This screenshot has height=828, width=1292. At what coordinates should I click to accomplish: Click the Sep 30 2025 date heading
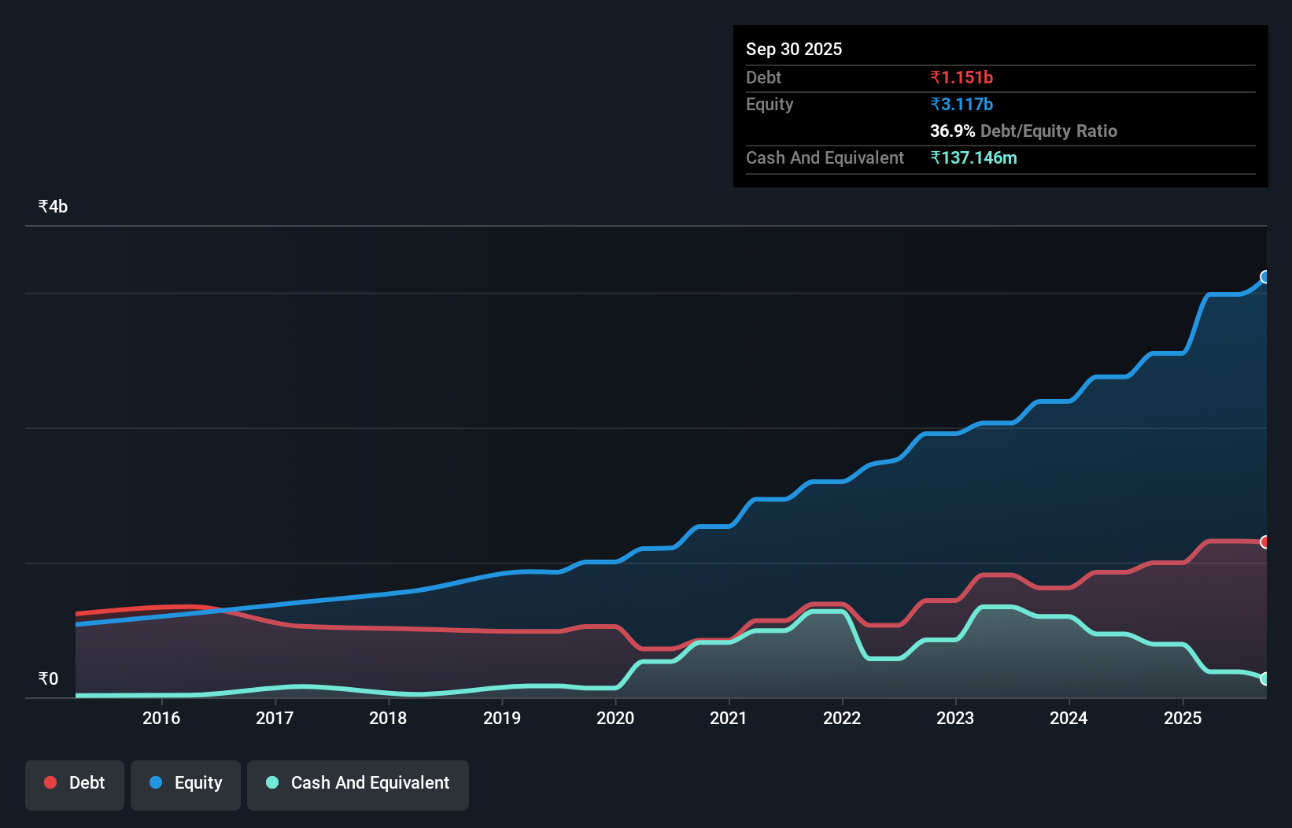793,49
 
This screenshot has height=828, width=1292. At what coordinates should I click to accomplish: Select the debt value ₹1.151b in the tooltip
961,77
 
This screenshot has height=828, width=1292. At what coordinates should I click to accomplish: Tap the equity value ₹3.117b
961,104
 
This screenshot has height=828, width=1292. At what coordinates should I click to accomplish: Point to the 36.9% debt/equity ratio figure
952,131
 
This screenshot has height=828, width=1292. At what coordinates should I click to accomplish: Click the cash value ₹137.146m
973,157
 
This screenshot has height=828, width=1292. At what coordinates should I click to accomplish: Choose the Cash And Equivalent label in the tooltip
825,157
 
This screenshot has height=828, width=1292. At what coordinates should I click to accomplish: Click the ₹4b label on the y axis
53,206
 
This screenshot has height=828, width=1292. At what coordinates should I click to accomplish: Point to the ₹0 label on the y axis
48,678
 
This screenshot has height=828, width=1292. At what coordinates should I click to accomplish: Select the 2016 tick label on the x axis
161,718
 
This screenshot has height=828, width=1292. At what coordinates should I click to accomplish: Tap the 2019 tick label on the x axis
501,718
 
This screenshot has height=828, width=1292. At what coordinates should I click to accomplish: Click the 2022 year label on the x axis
842,718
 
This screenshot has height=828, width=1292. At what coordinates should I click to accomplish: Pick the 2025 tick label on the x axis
1182,718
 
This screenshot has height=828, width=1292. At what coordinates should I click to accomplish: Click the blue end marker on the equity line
1264,277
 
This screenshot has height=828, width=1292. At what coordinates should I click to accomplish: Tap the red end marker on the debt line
1264,542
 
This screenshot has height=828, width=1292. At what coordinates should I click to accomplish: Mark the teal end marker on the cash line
1264,678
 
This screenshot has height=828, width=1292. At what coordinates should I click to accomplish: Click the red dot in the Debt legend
50,782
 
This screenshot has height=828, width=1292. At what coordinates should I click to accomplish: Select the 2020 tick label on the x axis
615,718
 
